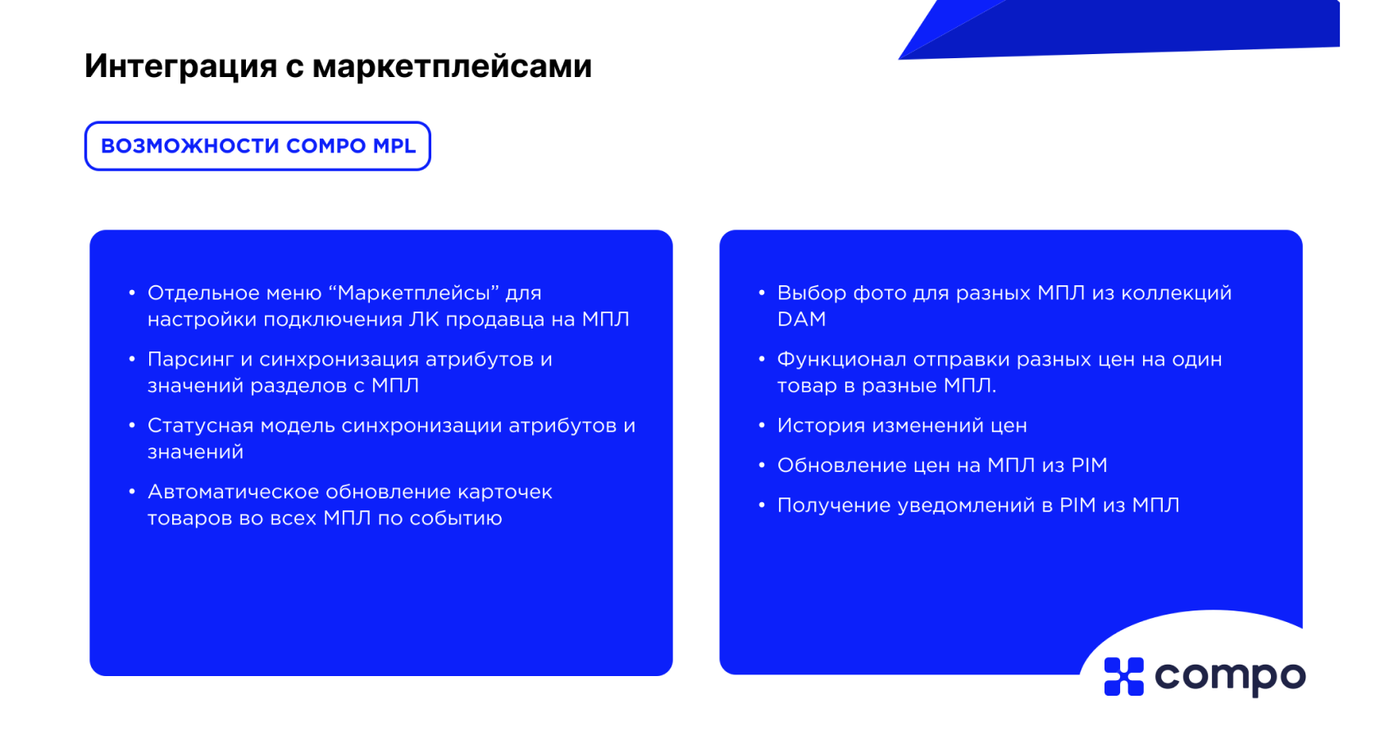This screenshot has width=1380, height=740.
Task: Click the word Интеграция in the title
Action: [180, 66]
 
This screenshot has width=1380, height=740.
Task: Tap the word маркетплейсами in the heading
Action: [452, 66]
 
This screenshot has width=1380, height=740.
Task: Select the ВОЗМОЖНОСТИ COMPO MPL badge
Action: [257, 146]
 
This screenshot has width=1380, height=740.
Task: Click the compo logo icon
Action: [1123, 677]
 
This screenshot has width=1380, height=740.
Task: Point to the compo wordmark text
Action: [1230, 678]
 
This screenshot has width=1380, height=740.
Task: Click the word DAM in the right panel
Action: [801, 319]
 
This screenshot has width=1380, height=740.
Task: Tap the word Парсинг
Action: [190, 360]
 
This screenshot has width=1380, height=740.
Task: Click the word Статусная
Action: [200, 425]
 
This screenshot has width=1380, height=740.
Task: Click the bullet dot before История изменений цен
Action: [762, 424]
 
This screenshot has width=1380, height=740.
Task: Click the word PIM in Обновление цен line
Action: [1089, 465]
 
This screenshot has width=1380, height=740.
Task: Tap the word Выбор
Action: [812, 293]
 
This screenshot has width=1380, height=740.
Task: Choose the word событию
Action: [455, 519]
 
